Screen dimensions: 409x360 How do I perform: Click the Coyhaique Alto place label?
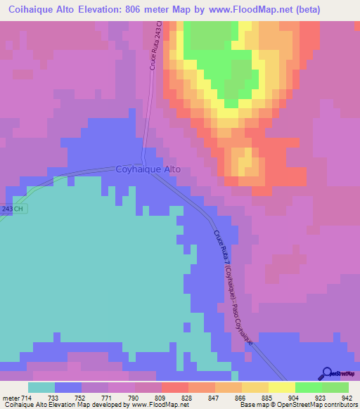[148, 169]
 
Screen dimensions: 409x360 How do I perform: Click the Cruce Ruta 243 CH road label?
[156, 44]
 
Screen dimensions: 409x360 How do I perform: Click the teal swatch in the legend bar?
[41, 387]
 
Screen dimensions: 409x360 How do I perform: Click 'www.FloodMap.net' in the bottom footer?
[150, 405]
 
